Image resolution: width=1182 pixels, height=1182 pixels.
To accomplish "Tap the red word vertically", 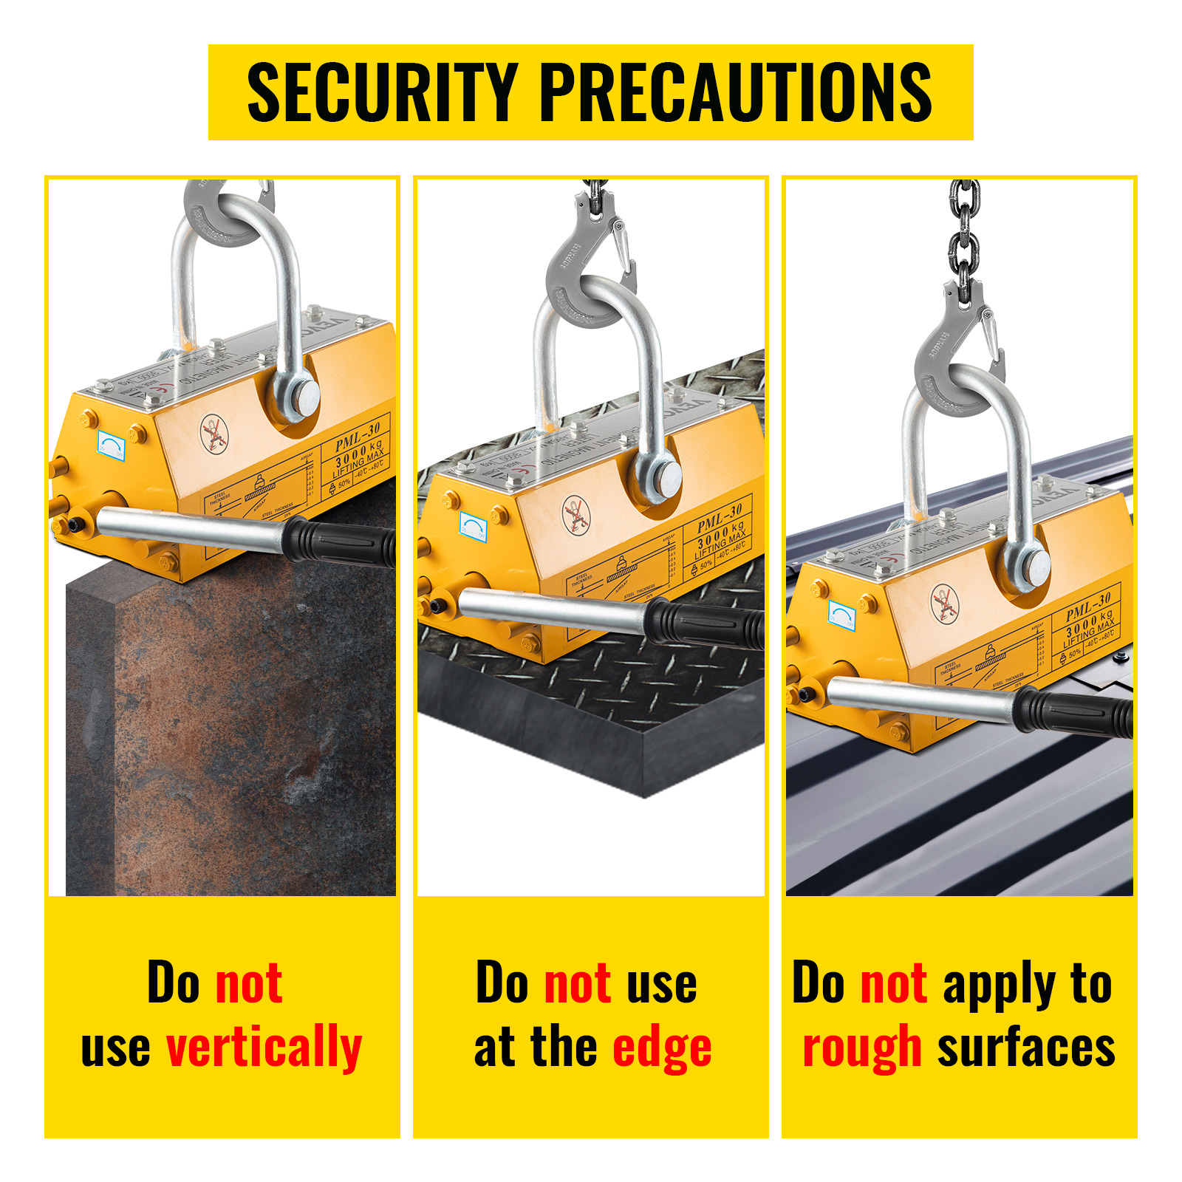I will point(264,1048).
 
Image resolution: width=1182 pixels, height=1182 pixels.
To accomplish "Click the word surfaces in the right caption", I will point(1026,1048).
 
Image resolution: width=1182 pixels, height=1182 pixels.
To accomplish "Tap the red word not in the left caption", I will point(248,984).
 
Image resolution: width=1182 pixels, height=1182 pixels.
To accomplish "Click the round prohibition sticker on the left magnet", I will point(214,434).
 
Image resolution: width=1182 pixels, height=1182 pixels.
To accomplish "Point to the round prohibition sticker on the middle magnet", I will point(576,515).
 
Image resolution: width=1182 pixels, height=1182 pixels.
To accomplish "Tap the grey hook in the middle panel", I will point(584,266).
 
